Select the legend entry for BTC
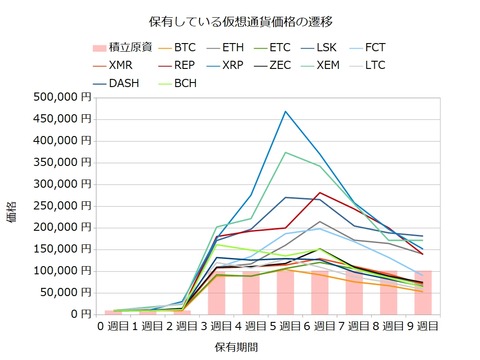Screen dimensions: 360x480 pyautogui.click(x=184, y=46)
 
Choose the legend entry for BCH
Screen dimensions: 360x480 pyautogui.click(x=184, y=82)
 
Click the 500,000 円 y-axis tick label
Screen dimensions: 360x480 pyautogui.click(x=59, y=97)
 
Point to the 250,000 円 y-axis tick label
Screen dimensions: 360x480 pyautogui.click(x=59, y=205)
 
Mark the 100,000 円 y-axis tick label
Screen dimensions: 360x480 pyautogui.click(x=59, y=270)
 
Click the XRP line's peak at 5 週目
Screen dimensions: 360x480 pyautogui.click(x=285, y=111)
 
